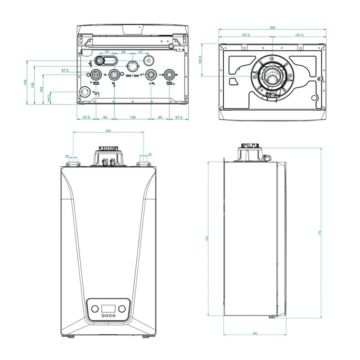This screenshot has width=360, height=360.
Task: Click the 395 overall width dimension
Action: tap(272, 28)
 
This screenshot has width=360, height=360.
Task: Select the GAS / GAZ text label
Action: tap(132, 77)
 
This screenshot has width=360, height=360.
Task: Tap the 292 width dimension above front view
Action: tap(108, 130)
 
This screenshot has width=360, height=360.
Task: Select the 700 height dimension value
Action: tap(207, 239)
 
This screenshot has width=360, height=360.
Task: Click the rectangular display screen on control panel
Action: tap(108, 309)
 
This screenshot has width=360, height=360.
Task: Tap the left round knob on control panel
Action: tap(95, 309)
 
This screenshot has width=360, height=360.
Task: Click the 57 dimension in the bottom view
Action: tap(141, 52)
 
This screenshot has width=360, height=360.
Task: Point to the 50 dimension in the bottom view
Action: tap(107, 52)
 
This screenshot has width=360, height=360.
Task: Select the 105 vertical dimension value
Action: tap(41, 89)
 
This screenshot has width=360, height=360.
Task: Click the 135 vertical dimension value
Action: tap(34, 85)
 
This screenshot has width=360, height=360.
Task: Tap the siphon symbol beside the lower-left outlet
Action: tap(96, 94)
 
